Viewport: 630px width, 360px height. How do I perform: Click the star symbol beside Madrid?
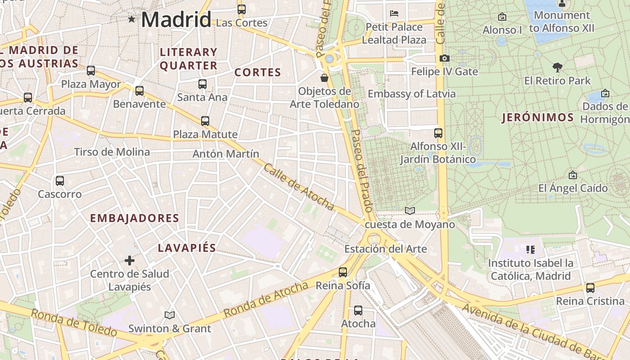pyautogui.click(x=131, y=19)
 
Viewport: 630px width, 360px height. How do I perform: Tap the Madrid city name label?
pyautogui.click(x=176, y=20)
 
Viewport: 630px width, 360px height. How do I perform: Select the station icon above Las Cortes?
pyautogui.click(x=242, y=9)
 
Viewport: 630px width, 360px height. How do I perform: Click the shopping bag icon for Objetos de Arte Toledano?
pyautogui.click(x=324, y=78)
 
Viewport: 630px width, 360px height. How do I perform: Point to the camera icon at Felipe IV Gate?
pyautogui.click(x=444, y=58)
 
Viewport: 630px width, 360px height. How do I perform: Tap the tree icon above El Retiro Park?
pyautogui.click(x=558, y=68)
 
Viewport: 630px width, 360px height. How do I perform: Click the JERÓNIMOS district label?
pyautogui.click(x=538, y=118)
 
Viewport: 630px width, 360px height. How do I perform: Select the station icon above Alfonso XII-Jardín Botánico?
pyautogui.click(x=438, y=133)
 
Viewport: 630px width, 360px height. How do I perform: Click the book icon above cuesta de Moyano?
pyautogui.click(x=409, y=211)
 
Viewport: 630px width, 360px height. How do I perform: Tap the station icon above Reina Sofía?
pyautogui.click(x=343, y=272)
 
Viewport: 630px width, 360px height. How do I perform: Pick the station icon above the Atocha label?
pyautogui.click(x=358, y=310)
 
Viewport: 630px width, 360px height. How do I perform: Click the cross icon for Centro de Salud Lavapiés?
pyautogui.click(x=130, y=261)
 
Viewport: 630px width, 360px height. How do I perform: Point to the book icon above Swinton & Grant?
pyautogui.click(x=170, y=315)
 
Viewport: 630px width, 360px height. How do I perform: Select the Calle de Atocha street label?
pyautogui.click(x=298, y=187)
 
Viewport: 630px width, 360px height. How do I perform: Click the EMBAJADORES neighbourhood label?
pyautogui.click(x=135, y=218)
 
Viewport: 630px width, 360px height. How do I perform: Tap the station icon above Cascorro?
pyautogui.click(x=60, y=181)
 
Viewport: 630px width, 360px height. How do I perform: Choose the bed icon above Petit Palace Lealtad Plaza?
pyautogui.click(x=394, y=13)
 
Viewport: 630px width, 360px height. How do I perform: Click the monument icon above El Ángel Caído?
pyautogui.click(x=573, y=175)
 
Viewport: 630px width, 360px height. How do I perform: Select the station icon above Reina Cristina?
pyautogui.click(x=590, y=288)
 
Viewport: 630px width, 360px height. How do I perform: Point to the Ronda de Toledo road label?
pyautogui.click(x=74, y=322)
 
